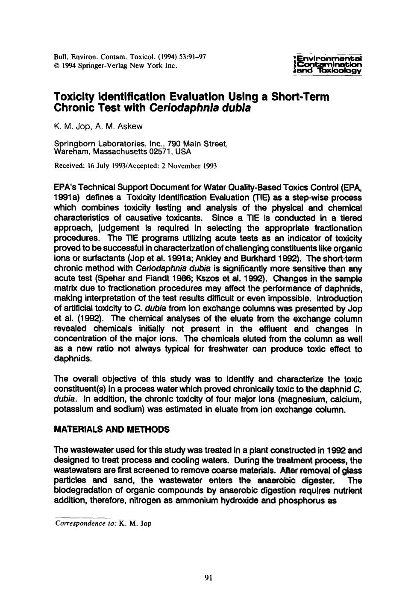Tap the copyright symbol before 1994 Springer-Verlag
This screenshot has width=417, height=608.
(56, 66)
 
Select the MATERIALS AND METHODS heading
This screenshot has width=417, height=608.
(112, 429)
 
